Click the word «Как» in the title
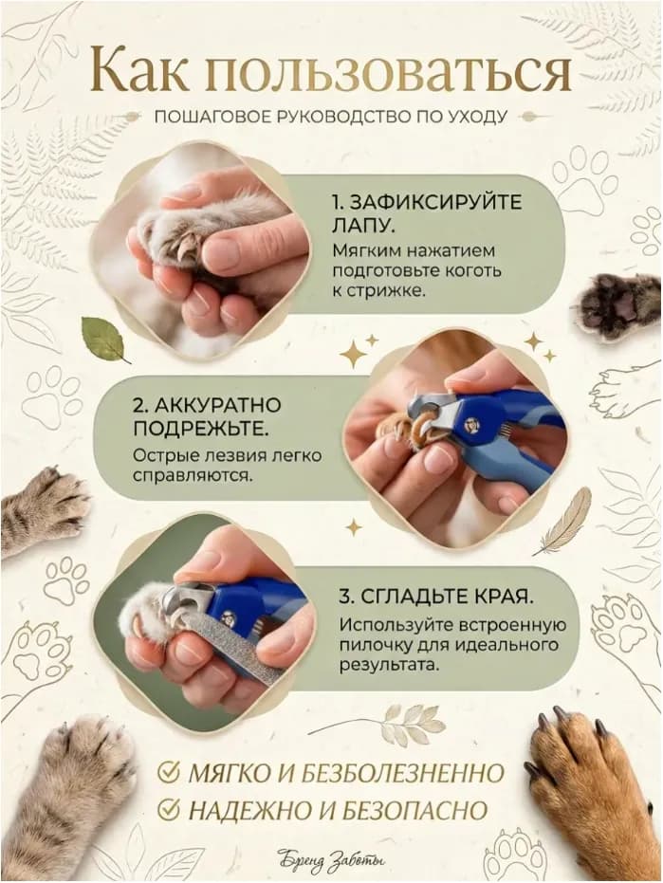(139, 71)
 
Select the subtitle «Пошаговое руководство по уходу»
(331, 117)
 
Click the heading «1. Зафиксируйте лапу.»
(426, 213)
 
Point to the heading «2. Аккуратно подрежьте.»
(208, 416)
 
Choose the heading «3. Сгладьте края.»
(436, 597)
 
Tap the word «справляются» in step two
(193, 476)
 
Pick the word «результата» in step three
(389, 665)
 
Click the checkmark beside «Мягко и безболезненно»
(167, 773)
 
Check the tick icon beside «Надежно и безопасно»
(167, 809)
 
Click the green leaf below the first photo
(103, 339)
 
